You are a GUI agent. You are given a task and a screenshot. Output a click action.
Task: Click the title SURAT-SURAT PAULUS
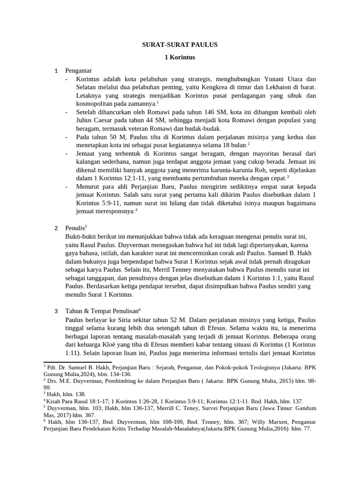coord(180,45)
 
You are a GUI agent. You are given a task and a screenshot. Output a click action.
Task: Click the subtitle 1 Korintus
coord(180,58)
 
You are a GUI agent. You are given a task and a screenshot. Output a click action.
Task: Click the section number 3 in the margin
coord(56,312)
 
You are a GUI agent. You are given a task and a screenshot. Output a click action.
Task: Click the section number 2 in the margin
coord(56,229)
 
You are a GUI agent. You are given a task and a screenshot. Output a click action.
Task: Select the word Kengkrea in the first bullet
coord(239,87)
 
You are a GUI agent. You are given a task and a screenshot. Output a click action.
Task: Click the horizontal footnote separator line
coord(77,362)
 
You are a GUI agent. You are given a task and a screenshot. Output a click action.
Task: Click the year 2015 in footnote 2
coord(283,381)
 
